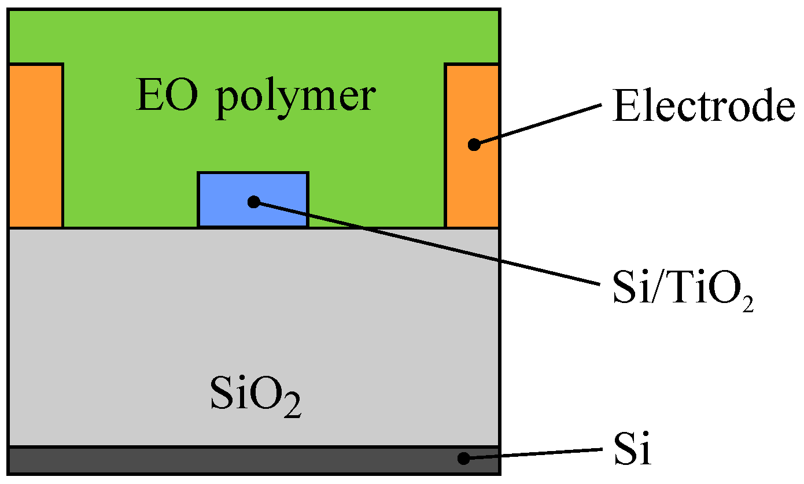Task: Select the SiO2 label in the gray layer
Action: point(255,398)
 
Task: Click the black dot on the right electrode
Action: point(474,145)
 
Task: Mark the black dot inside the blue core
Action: point(253,202)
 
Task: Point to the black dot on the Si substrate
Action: point(463,459)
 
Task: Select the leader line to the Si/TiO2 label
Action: point(428,243)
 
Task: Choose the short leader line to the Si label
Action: point(532,454)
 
